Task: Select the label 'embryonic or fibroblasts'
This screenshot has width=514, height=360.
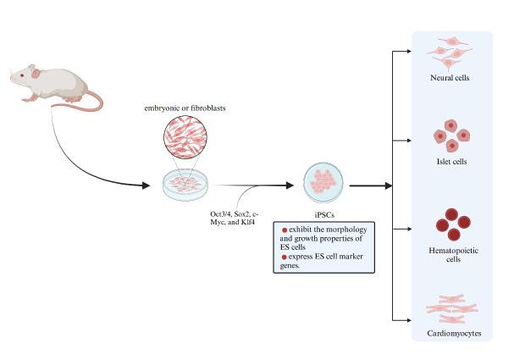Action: pyautogui.click(x=185, y=108)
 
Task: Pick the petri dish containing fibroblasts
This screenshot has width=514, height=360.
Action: pyautogui.click(x=185, y=183)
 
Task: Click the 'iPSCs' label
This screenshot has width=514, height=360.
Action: pyautogui.click(x=323, y=215)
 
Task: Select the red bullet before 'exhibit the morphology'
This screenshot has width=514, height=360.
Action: pyautogui.click(x=285, y=230)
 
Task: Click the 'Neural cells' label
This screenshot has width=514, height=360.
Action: pyautogui.click(x=450, y=79)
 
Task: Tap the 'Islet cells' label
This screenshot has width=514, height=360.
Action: pyautogui.click(x=450, y=161)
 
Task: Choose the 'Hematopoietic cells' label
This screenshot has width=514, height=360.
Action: pyautogui.click(x=450, y=254)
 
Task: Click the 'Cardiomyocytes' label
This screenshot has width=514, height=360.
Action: pyautogui.click(x=450, y=334)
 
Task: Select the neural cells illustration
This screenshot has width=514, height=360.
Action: pyautogui.click(x=450, y=53)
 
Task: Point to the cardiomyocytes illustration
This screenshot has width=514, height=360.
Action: pyautogui.click(x=450, y=309)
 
